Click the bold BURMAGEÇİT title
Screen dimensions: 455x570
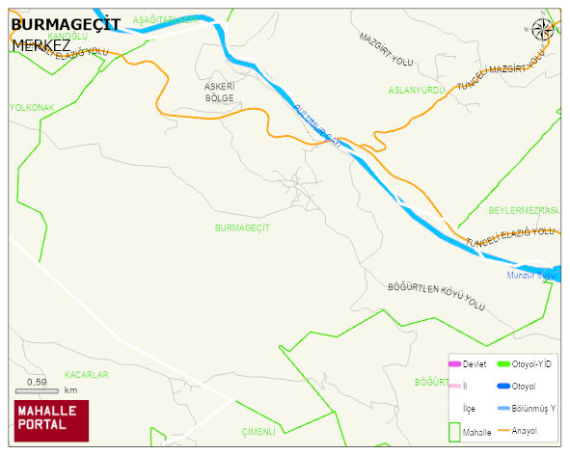(x=65, y=25)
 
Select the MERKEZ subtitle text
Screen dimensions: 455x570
(x=41, y=44)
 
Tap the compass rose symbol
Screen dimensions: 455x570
(x=543, y=30)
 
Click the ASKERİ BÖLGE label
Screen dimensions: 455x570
(x=220, y=92)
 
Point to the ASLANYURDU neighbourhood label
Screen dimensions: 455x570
(x=416, y=90)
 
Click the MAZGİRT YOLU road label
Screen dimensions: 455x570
(x=386, y=49)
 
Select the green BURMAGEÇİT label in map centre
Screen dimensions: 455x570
(x=242, y=227)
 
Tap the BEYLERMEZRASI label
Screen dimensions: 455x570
(x=524, y=210)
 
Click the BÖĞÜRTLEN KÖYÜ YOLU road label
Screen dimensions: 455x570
(x=435, y=296)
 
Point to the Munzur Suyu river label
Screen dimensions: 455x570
(x=531, y=276)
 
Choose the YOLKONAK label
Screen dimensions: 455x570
(x=32, y=107)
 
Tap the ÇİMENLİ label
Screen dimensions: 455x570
(x=259, y=431)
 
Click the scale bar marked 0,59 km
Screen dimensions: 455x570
(x=39, y=388)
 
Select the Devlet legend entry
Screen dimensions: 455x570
(x=467, y=363)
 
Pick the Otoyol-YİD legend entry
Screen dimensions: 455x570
(x=525, y=363)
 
